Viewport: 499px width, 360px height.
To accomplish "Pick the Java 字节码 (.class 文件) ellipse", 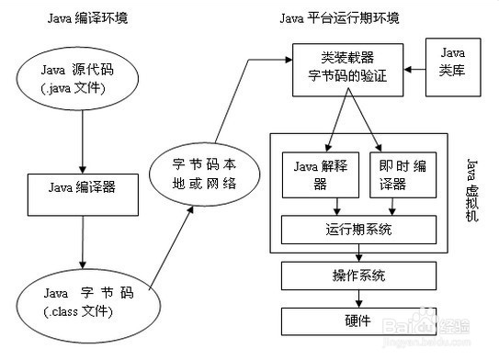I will [83, 302].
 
